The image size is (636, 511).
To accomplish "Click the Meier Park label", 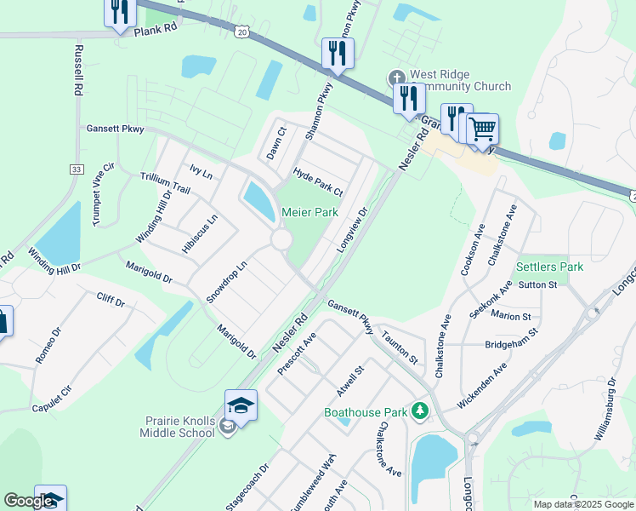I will point(309,211).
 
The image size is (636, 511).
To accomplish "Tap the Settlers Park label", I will point(549,267).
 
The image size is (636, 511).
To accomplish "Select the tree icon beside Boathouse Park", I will point(418,412).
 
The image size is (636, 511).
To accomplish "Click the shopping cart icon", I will point(482,129).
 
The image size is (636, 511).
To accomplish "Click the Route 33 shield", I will point(77,170).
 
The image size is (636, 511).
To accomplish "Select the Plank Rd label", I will point(155,29).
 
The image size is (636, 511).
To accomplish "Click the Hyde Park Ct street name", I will point(317,181).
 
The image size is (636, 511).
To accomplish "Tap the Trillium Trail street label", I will point(165,181).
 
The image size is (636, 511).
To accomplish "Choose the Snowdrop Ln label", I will point(227,282).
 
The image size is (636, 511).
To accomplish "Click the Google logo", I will point(29,502).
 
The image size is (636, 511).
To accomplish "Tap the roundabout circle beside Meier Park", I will point(282,240).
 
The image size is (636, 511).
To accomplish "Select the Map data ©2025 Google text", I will point(582,503).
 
